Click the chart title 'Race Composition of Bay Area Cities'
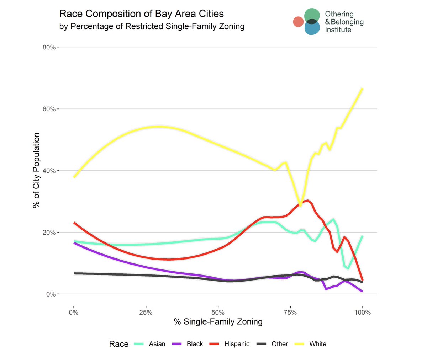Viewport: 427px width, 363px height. [141, 14]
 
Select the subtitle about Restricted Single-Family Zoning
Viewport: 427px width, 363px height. [152, 26]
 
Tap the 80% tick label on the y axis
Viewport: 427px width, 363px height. [49, 47]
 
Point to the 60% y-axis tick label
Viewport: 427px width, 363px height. [49, 109]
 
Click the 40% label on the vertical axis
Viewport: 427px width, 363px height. [49, 171]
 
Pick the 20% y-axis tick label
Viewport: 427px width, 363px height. [49, 233]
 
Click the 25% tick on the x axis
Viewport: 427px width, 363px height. [146, 313]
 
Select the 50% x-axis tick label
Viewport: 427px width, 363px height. [218, 313]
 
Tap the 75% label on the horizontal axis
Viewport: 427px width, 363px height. [290, 313]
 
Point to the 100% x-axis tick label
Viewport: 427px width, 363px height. [363, 313]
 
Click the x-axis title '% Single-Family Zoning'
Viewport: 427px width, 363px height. [218, 322]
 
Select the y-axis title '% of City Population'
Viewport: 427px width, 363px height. [36, 171]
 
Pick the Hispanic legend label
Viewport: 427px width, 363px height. [237, 344]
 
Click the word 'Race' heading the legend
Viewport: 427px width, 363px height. [118, 344]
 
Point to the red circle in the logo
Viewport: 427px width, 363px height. [298, 22]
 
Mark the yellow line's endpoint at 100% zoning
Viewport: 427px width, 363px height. [362, 89]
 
